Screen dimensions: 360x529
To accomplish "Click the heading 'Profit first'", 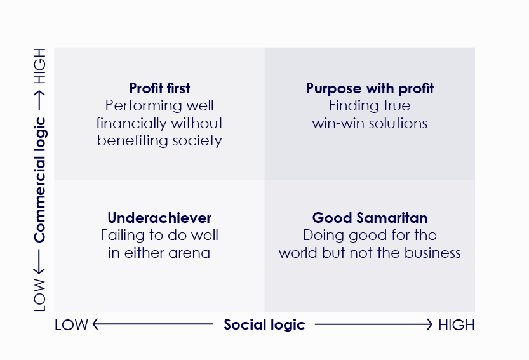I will [159, 88].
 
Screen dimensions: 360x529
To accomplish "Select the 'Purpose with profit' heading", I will [370, 88].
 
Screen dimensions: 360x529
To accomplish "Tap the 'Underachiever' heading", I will [159, 218].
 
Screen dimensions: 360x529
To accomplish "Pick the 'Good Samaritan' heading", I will [370, 218].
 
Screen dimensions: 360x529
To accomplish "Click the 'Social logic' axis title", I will [264, 324].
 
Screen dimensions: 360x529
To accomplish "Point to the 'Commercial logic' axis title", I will [40, 180].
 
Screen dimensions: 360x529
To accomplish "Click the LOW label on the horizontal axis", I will [71, 325].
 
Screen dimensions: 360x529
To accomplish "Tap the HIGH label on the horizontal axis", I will [456, 325].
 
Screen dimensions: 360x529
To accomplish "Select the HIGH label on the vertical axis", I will [40, 67].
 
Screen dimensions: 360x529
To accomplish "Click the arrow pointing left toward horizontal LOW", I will [152, 324].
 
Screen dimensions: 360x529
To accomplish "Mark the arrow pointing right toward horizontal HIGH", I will [373, 324].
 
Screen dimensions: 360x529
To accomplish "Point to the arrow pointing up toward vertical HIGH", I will [40, 100].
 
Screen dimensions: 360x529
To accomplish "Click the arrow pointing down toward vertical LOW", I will [40, 260].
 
